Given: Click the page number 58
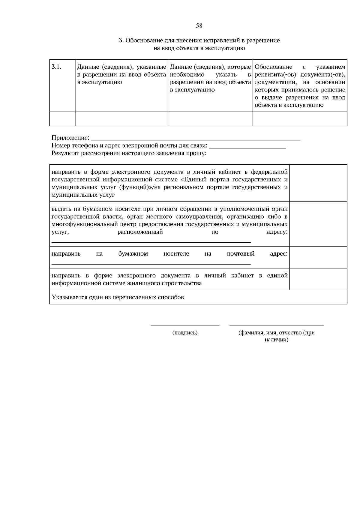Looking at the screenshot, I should tap(199, 26).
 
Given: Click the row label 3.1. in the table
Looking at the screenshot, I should tap(57, 67).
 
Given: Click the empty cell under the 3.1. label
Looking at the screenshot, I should tap(62, 119).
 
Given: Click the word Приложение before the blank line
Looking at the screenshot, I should tap(70, 138).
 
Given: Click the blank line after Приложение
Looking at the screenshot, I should tap(195, 139).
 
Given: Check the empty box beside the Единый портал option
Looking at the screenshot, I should tap(318, 183).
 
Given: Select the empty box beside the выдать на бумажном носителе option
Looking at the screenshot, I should tap(318, 224).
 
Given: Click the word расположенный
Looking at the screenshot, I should tap(140, 232).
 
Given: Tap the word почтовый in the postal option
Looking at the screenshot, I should tap(241, 254).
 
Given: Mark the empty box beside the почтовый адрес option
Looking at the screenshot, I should tap(318, 257).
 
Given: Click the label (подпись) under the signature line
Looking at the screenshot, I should tap(185, 333).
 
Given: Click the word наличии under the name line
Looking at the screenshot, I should tap(276, 340).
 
